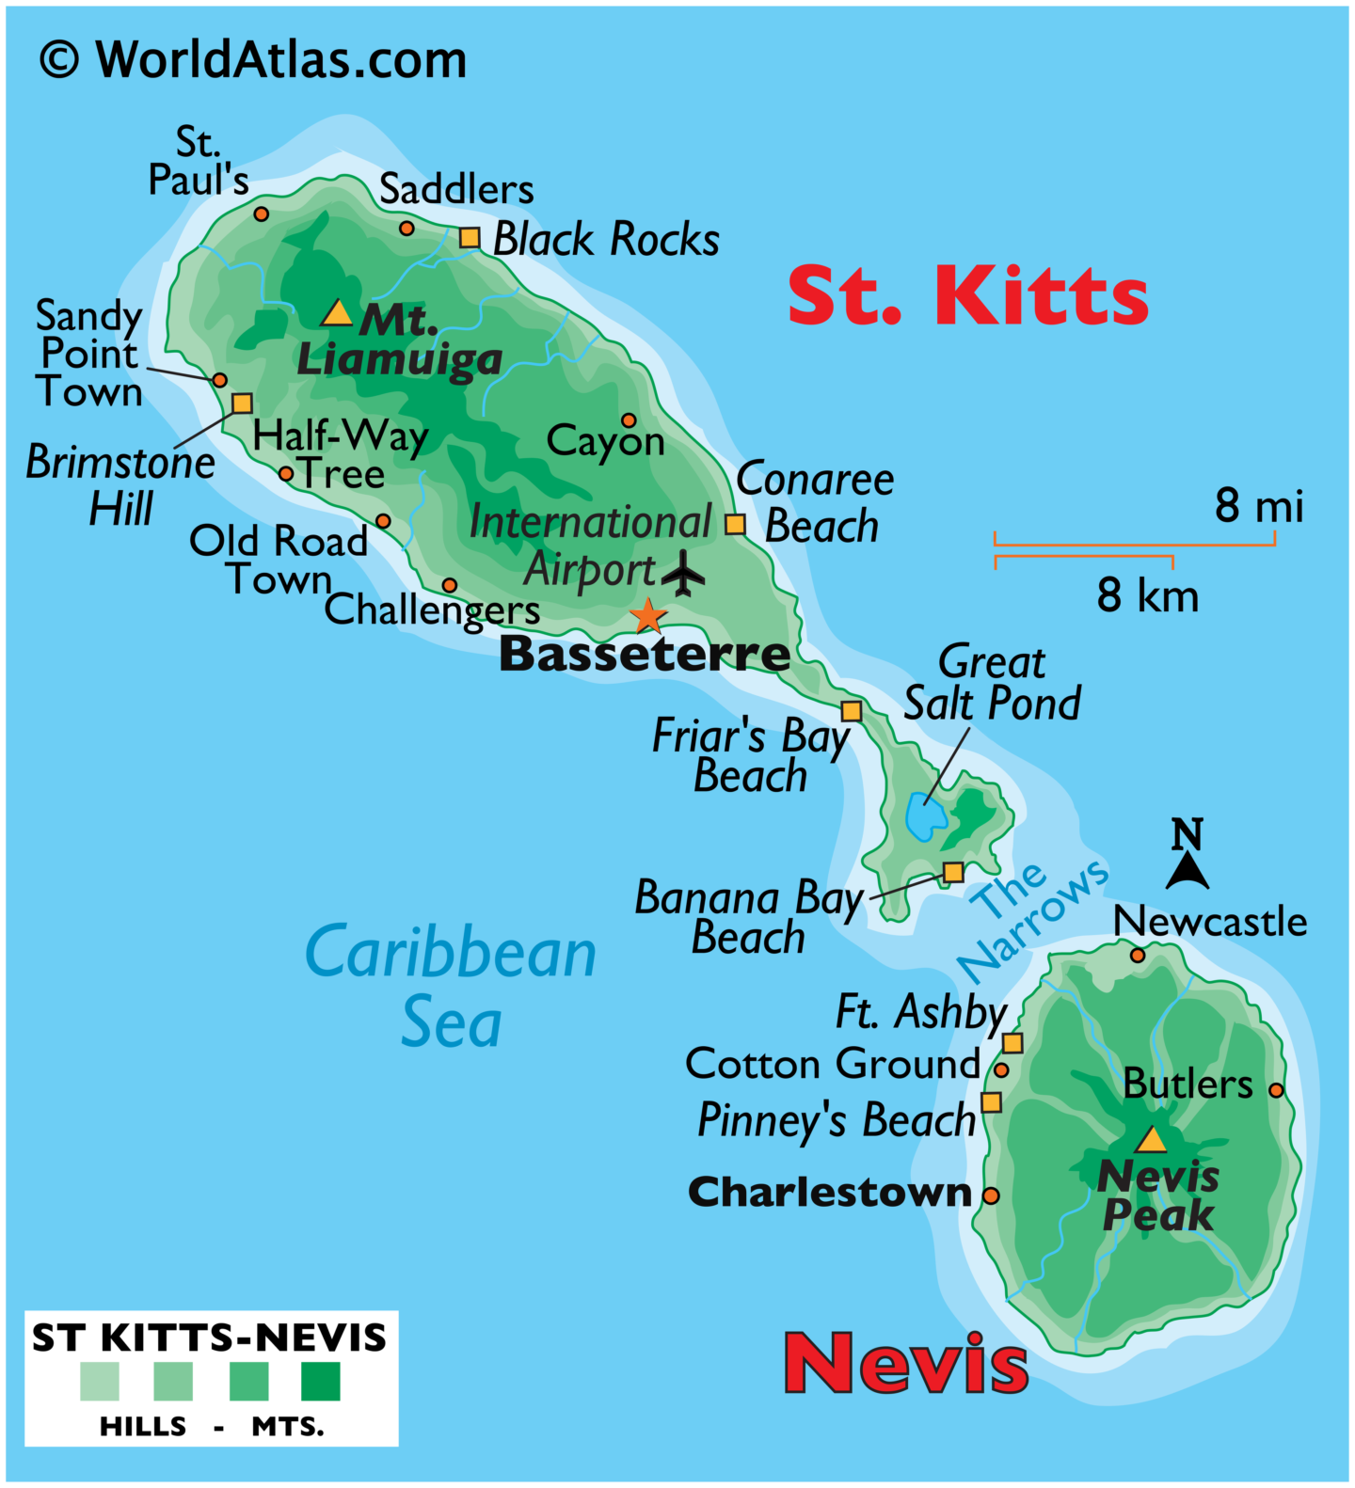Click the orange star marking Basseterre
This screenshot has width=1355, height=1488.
pos(647,616)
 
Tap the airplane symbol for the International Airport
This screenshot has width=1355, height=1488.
pos(683,573)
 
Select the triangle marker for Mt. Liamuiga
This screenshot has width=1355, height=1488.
pos(336,313)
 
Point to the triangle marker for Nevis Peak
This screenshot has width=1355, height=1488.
pos(1150,1141)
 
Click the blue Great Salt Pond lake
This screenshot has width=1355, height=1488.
pos(925,816)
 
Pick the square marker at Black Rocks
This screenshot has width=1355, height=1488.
pos(470,238)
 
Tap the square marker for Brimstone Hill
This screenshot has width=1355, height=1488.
pos(242,404)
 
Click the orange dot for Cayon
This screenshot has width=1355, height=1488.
pos(629,420)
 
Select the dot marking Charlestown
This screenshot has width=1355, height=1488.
pos(991,1195)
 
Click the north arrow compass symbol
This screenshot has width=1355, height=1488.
pos(1188,854)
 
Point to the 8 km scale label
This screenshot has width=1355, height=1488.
pos(1147,596)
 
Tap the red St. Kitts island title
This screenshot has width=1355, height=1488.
pos(967,295)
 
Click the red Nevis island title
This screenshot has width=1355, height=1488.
pos(906,1363)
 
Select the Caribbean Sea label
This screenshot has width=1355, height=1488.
pos(452,986)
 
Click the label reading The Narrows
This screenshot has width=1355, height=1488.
pos(1030,920)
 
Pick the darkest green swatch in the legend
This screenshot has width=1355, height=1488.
pos(320,1382)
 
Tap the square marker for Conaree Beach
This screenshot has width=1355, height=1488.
pos(735,524)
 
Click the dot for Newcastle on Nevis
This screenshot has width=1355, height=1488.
pos(1137,956)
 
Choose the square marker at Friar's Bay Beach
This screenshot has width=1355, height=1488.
pos(851,711)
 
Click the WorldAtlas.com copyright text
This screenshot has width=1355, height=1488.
pos(252,60)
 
